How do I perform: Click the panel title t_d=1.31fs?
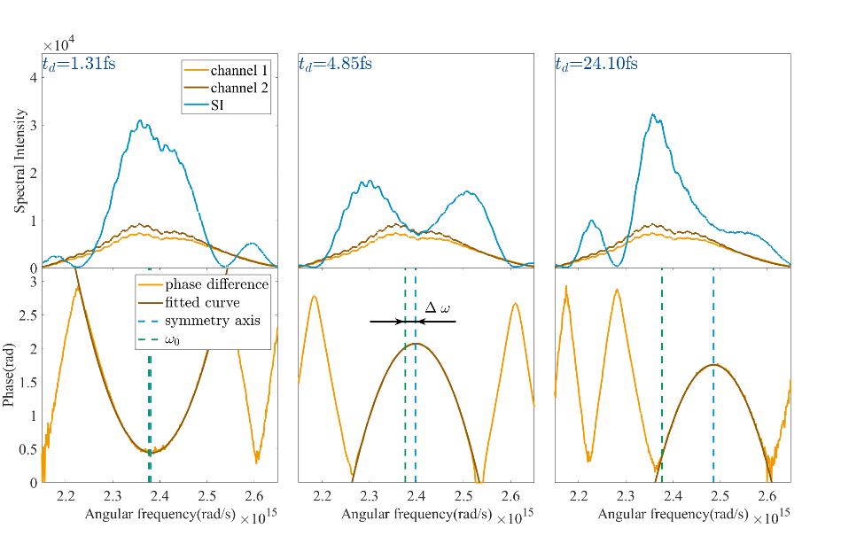[x=80, y=64]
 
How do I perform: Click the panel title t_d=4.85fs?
[x=336, y=64]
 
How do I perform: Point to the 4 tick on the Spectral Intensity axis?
[x=33, y=76]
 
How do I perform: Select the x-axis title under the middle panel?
[x=410, y=514]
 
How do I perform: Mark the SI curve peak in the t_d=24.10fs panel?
[x=652, y=114]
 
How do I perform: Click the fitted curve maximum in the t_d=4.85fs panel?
[x=415, y=343]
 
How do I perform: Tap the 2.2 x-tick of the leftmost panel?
[x=66, y=495]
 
